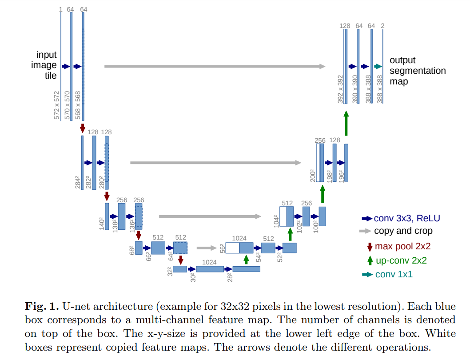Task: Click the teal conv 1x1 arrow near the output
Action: [x=378, y=66]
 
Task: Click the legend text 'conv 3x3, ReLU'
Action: [x=406, y=218]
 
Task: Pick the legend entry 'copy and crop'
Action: [x=403, y=231]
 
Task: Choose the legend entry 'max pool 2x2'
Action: [x=402, y=246]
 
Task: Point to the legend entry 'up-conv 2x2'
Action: [x=401, y=260]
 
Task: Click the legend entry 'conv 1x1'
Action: [x=394, y=274]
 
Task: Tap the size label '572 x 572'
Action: [x=56, y=105]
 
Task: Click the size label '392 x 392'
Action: [x=340, y=89]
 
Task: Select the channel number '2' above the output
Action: [x=382, y=26]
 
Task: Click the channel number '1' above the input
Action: [x=60, y=9]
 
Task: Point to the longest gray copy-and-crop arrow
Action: [x=215, y=66]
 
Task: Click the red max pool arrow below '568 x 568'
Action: [x=82, y=128]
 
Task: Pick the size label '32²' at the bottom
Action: [x=170, y=271]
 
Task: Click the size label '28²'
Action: [x=229, y=277]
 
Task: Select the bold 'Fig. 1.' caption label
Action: [x=41, y=306]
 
